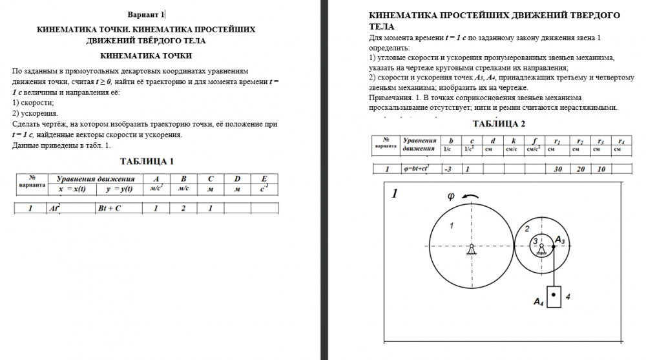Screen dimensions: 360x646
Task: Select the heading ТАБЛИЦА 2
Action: tap(499, 123)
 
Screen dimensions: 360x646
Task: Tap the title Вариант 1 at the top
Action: tap(145, 14)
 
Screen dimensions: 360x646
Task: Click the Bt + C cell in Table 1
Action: tap(110, 208)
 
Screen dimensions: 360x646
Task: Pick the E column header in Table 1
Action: tap(264, 179)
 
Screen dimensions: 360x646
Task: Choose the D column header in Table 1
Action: tap(237, 179)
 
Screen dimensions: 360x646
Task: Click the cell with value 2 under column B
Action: tap(183, 208)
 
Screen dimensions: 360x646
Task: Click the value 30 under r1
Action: tap(557, 169)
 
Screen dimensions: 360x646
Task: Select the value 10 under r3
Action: tap(601, 169)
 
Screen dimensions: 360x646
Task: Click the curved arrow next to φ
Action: tap(471, 196)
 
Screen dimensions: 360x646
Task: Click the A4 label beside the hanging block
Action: tap(539, 301)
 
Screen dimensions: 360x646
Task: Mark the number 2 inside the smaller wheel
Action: tap(526, 228)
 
